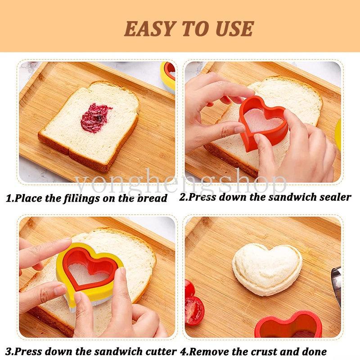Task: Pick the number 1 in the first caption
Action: click(x=9, y=198)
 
